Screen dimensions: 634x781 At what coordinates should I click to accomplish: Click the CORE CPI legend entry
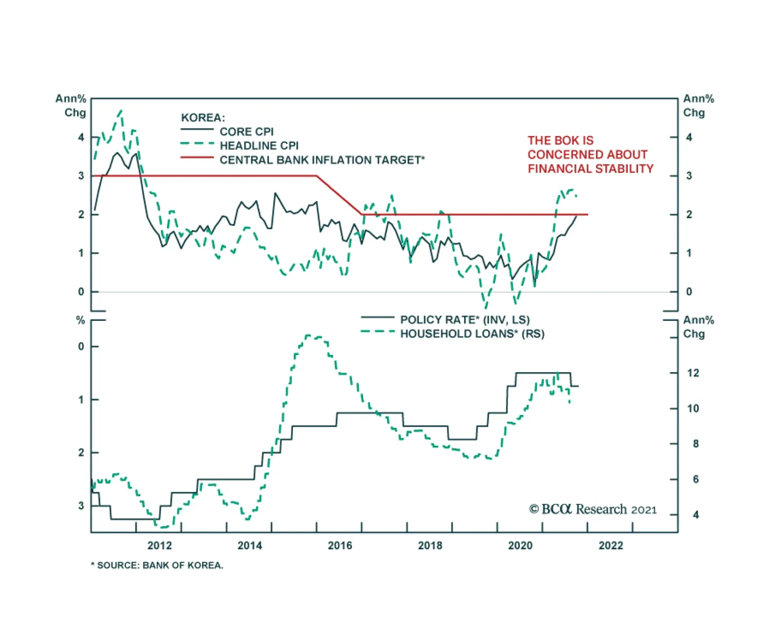coord(247,132)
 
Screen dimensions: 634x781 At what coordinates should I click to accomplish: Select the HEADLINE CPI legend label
coord(259,146)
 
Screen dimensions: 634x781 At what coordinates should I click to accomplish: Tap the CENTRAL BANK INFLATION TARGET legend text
coord(322,160)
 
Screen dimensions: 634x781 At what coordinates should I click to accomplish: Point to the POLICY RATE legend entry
coord(465,320)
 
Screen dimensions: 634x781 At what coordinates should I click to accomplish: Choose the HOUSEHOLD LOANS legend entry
coord(472,334)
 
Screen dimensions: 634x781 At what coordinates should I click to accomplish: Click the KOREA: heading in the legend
coord(203,118)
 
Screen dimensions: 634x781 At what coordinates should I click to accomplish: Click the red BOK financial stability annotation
coord(590,155)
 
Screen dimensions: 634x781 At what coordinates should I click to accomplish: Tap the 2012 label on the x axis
coord(160,545)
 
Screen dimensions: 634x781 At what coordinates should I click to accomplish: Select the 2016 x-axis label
coord(340,545)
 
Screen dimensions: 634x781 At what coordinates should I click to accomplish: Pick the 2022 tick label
coord(611,545)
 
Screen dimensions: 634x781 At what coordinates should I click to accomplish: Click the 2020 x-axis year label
coord(520,545)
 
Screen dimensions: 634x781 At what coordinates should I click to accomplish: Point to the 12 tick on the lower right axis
coord(693,373)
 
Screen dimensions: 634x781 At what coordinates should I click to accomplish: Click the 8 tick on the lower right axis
coord(696,444)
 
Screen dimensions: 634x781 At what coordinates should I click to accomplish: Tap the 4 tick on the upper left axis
coord(81,138)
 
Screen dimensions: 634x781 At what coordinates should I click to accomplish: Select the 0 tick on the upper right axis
coord(689,292)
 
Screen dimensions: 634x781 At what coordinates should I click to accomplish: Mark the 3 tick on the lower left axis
coord(81,506)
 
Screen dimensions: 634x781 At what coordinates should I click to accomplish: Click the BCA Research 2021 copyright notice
coord(593,509)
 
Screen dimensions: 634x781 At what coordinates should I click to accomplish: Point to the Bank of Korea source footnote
coord(157,565)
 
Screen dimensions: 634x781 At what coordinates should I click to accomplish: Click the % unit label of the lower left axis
coord(81,320)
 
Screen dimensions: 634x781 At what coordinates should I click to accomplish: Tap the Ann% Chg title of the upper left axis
coord(71,105)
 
